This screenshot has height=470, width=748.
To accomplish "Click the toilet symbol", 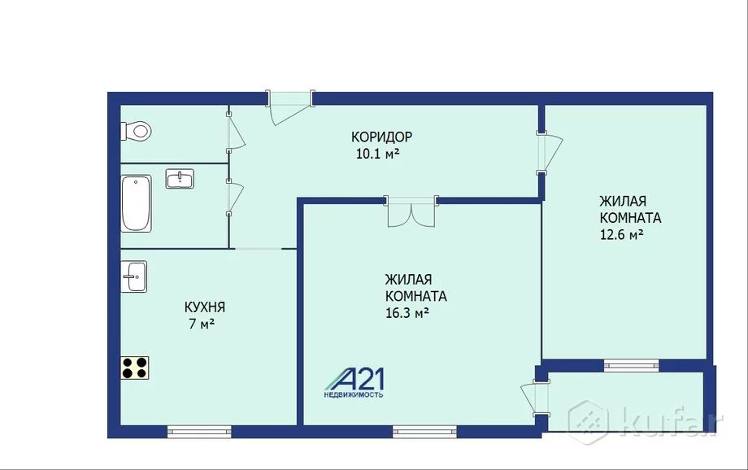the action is click(136, 131).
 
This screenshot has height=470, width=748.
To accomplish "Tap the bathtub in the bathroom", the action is click(136, 203).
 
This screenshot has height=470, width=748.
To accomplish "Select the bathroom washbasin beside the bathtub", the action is click(180, 178).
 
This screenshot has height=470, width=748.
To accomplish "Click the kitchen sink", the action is click(133, 276).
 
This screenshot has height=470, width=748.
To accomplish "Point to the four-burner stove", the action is click(134, 368).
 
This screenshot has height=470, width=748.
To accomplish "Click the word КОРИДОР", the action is click(381, 137).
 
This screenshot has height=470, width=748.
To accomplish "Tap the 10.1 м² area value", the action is click(377, 154).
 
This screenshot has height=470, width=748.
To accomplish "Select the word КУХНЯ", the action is click(205, 307).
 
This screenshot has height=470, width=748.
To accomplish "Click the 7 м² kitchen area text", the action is click(202, 324).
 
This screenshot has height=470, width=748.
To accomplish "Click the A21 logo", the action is click(355, 380).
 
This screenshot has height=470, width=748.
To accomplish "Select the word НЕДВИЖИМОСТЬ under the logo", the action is click(354, 395).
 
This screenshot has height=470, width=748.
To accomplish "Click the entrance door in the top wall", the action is click(289, 107).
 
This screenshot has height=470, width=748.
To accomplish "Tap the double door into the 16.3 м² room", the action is click(411, 211).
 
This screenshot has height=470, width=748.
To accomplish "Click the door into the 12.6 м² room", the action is click(550, 153).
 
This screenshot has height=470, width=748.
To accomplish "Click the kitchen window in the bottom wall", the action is click(199, 432).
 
